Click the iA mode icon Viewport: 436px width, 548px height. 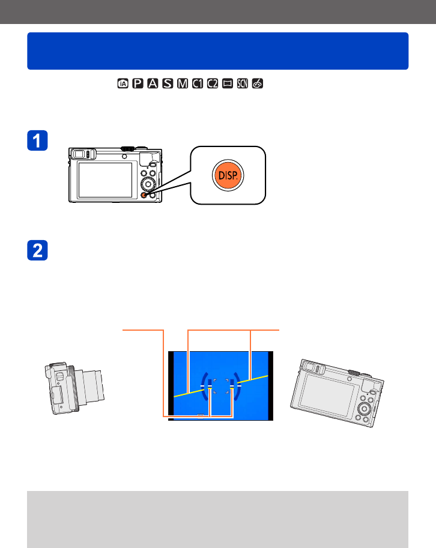[123, 83]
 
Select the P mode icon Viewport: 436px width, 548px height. [138, 83]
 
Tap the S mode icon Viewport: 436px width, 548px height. [168, 83]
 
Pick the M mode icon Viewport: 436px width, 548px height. [183, 83]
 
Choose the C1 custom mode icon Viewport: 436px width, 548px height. [198, 83]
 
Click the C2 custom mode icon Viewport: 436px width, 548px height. [213, 83]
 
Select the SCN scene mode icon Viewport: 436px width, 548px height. [243, 83]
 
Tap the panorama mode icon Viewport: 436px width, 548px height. [228, 83]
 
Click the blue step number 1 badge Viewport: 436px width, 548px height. [37, 140]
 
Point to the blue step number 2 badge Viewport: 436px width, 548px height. [37, 250]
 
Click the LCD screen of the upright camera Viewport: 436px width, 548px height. [105, 180]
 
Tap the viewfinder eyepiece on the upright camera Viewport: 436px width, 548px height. [80, 154]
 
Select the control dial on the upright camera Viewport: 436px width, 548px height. [148, 184]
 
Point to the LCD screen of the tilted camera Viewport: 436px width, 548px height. [326, 394]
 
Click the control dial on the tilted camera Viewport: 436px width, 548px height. [365, 408]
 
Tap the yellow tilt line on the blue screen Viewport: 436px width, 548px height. [221, 386]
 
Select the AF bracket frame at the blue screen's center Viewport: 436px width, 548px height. [221, 386]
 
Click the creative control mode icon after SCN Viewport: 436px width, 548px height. [257, 83]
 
